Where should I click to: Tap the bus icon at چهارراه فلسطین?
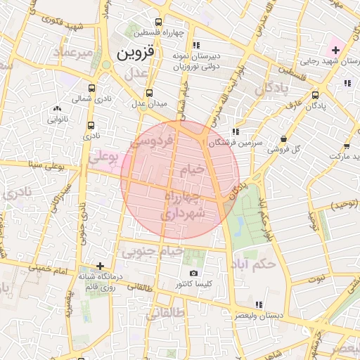tap(160, 22)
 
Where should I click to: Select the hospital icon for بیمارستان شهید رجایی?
tap(335, 50)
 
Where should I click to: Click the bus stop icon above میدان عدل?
tap(149, 93)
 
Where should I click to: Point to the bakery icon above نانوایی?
tap(58, 109)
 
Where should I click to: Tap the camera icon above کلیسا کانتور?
tap(194, 273)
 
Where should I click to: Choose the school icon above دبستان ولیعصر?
tap(259, 305)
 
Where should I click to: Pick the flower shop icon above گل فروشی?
tap(283, 139)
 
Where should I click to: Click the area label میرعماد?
tap(72, 51)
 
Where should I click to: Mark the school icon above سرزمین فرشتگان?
tap(236, 131)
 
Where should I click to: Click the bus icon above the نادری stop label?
tap(90, 125)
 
